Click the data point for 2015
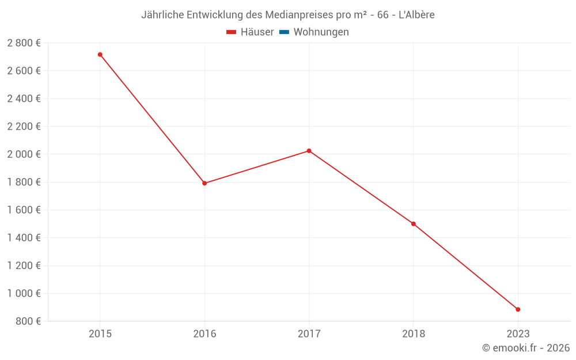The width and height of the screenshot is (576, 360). click(x=100, y=55)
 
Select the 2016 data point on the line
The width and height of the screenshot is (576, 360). click(x=204, y=183)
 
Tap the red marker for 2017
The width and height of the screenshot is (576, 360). click(x=309, y=151)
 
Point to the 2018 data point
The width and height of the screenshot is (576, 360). click(x=413, y=224)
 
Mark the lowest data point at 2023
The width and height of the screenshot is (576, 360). click(x=518, y=310)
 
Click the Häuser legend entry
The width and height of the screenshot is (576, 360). click(x=250, y=32)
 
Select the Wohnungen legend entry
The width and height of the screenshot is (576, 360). click(x=314, y=32)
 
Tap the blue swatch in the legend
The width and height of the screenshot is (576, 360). click(x=285, y=32)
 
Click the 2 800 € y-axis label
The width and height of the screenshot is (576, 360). click(x=24, y=43)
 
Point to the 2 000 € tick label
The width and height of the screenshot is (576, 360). click(x=24, y=154)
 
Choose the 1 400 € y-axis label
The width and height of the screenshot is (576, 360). click(x=24, y=238)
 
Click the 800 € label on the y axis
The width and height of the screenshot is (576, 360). click(x=28, y=321)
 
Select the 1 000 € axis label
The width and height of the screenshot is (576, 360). click(x=24, y=293)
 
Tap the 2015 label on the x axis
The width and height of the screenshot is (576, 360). click(x=100, y=334)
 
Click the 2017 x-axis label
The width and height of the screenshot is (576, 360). click(x=309, y=334)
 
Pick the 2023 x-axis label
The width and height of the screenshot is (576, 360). click(x=518, y=334)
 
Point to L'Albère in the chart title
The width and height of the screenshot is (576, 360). click(x=416, y=15)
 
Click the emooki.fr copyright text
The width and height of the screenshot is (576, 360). click(x=526, y=347)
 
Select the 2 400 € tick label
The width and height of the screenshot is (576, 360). click(x=24, y=98)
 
